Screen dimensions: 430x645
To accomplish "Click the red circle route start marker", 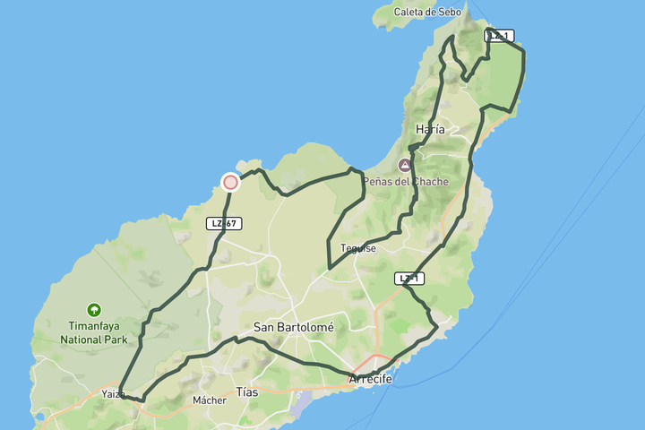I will point(230,182).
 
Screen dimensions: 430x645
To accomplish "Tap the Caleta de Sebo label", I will point(428,13).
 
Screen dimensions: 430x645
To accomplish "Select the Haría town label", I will point(430,130).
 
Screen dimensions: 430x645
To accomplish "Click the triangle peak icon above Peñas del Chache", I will point(405,166).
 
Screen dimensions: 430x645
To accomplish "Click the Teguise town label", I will point(358,248).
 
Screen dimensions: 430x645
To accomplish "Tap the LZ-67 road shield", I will point(224,223).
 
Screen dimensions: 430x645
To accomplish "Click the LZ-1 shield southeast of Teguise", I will point(408,279).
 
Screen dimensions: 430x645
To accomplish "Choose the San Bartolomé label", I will point(293,328).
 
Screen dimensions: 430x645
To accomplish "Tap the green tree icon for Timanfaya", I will point(93,310).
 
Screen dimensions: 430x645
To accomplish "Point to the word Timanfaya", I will point(93,327).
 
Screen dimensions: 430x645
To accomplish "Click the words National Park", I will point(93,340).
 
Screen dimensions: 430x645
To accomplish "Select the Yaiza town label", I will point(114,394).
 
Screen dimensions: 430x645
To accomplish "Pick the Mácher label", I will point(210,400).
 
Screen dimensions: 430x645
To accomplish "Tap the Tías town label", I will point(246,391).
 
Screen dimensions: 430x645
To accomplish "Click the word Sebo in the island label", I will point(450,13).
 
